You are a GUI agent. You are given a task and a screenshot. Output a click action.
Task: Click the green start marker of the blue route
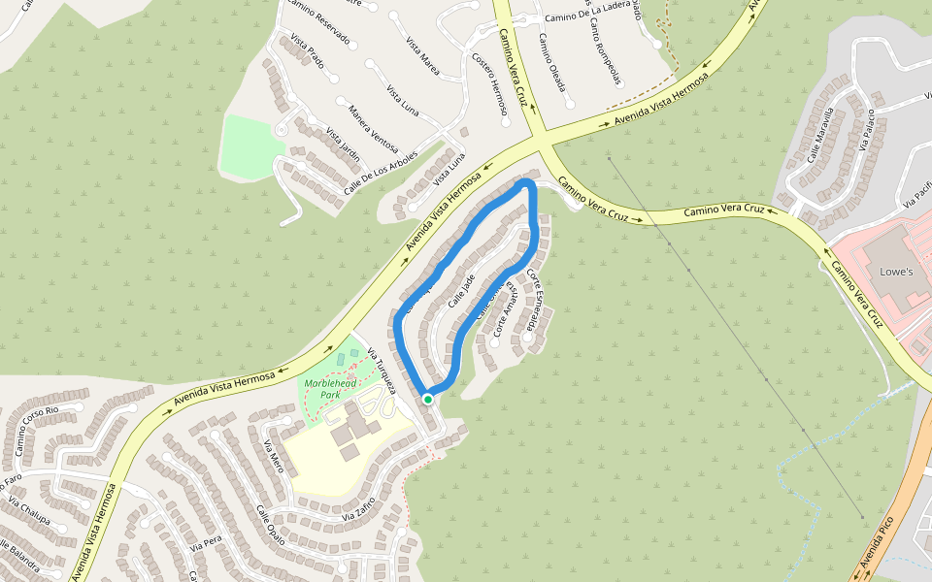coord(427,399)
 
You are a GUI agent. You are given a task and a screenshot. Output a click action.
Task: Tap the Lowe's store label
coord(896,272)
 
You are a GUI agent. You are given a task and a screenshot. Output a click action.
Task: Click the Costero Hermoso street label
coord(489,83)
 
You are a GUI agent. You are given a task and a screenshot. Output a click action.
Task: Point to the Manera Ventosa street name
coord(373,129)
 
